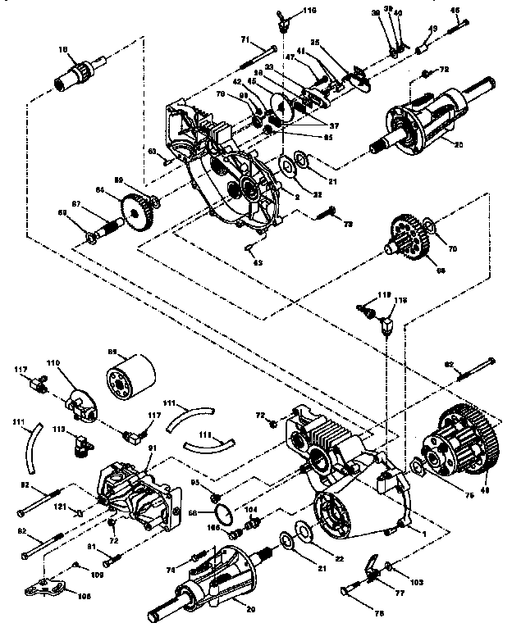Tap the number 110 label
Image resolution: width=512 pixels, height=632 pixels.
click(76, 361)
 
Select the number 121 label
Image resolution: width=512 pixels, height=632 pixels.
click(60, 508)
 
